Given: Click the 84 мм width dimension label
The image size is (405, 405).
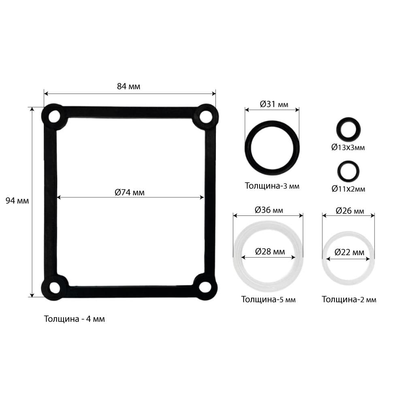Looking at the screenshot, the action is [129, 86].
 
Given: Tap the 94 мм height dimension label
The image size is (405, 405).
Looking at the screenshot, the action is [17, 201].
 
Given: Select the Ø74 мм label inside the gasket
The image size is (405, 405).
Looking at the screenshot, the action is [130, 192].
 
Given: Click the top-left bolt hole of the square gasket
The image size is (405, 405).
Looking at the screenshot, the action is [54, 117].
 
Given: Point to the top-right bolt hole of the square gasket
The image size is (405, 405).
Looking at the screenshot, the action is [206, 117].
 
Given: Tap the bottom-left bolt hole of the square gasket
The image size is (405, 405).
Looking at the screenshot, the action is [55, 288].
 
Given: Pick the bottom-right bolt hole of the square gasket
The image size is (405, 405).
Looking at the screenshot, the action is [205, 288].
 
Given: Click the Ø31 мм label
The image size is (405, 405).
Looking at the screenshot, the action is [274, 104].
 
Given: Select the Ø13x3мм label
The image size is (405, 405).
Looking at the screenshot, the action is [348, 147].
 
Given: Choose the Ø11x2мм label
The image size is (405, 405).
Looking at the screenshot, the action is [348, 189].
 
